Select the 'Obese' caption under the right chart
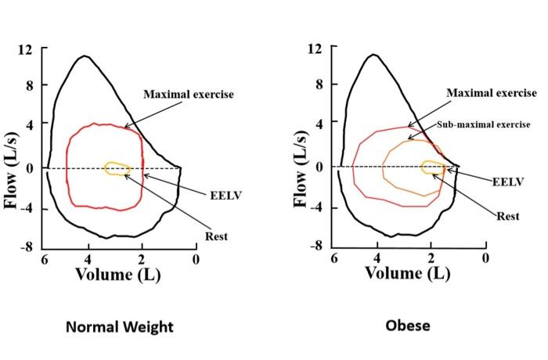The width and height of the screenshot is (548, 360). [407, 325]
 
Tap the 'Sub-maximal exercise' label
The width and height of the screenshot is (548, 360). [483, 124]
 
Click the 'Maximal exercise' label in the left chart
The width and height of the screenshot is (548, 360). [189, 95]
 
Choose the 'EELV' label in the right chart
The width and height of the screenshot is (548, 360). [507, 182]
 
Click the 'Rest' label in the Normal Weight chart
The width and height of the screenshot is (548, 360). [216, 236]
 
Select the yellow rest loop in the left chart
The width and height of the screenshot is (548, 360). [117, 169]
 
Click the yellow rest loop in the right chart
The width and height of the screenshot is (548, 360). [432, 167]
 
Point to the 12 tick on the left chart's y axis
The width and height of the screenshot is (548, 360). [26, 49]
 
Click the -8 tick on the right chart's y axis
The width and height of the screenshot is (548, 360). [315, 246]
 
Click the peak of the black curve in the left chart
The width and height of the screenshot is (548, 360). [83, 56]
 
